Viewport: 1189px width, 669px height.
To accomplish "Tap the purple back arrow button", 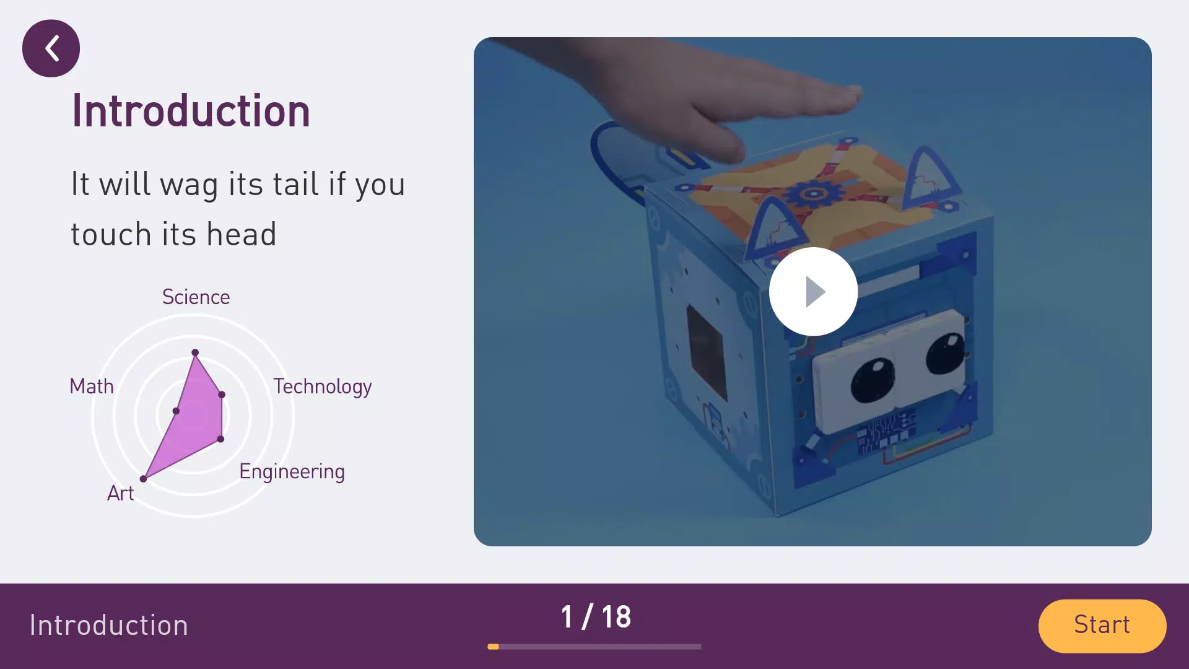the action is pos(51,48).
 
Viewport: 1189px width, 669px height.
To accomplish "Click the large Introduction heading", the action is pos(191,111).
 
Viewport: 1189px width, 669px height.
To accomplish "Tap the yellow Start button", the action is pos(1102,626).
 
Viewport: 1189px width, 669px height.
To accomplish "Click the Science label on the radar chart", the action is pos(196,297).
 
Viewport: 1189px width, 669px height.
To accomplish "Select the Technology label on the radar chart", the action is pos(323,387).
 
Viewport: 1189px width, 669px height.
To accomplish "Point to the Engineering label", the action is pos(292,472).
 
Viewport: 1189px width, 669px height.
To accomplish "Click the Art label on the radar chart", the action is pos(120,494).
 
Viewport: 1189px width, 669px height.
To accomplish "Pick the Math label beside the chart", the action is pos(92,387).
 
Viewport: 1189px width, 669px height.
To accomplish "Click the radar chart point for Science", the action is pos(195,352).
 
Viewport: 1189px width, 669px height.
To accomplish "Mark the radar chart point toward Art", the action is pos(143,479).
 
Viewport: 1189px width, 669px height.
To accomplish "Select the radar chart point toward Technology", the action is pos(222,395).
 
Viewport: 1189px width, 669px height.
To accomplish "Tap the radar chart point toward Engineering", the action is pos(220,439).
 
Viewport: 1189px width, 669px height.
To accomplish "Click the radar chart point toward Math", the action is pos(176,411).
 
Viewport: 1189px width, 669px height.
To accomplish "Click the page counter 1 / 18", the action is pos(596,618).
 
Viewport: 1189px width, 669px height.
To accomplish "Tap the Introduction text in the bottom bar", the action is pos(109,626).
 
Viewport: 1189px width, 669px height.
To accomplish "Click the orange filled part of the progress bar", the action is pos(493,647).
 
